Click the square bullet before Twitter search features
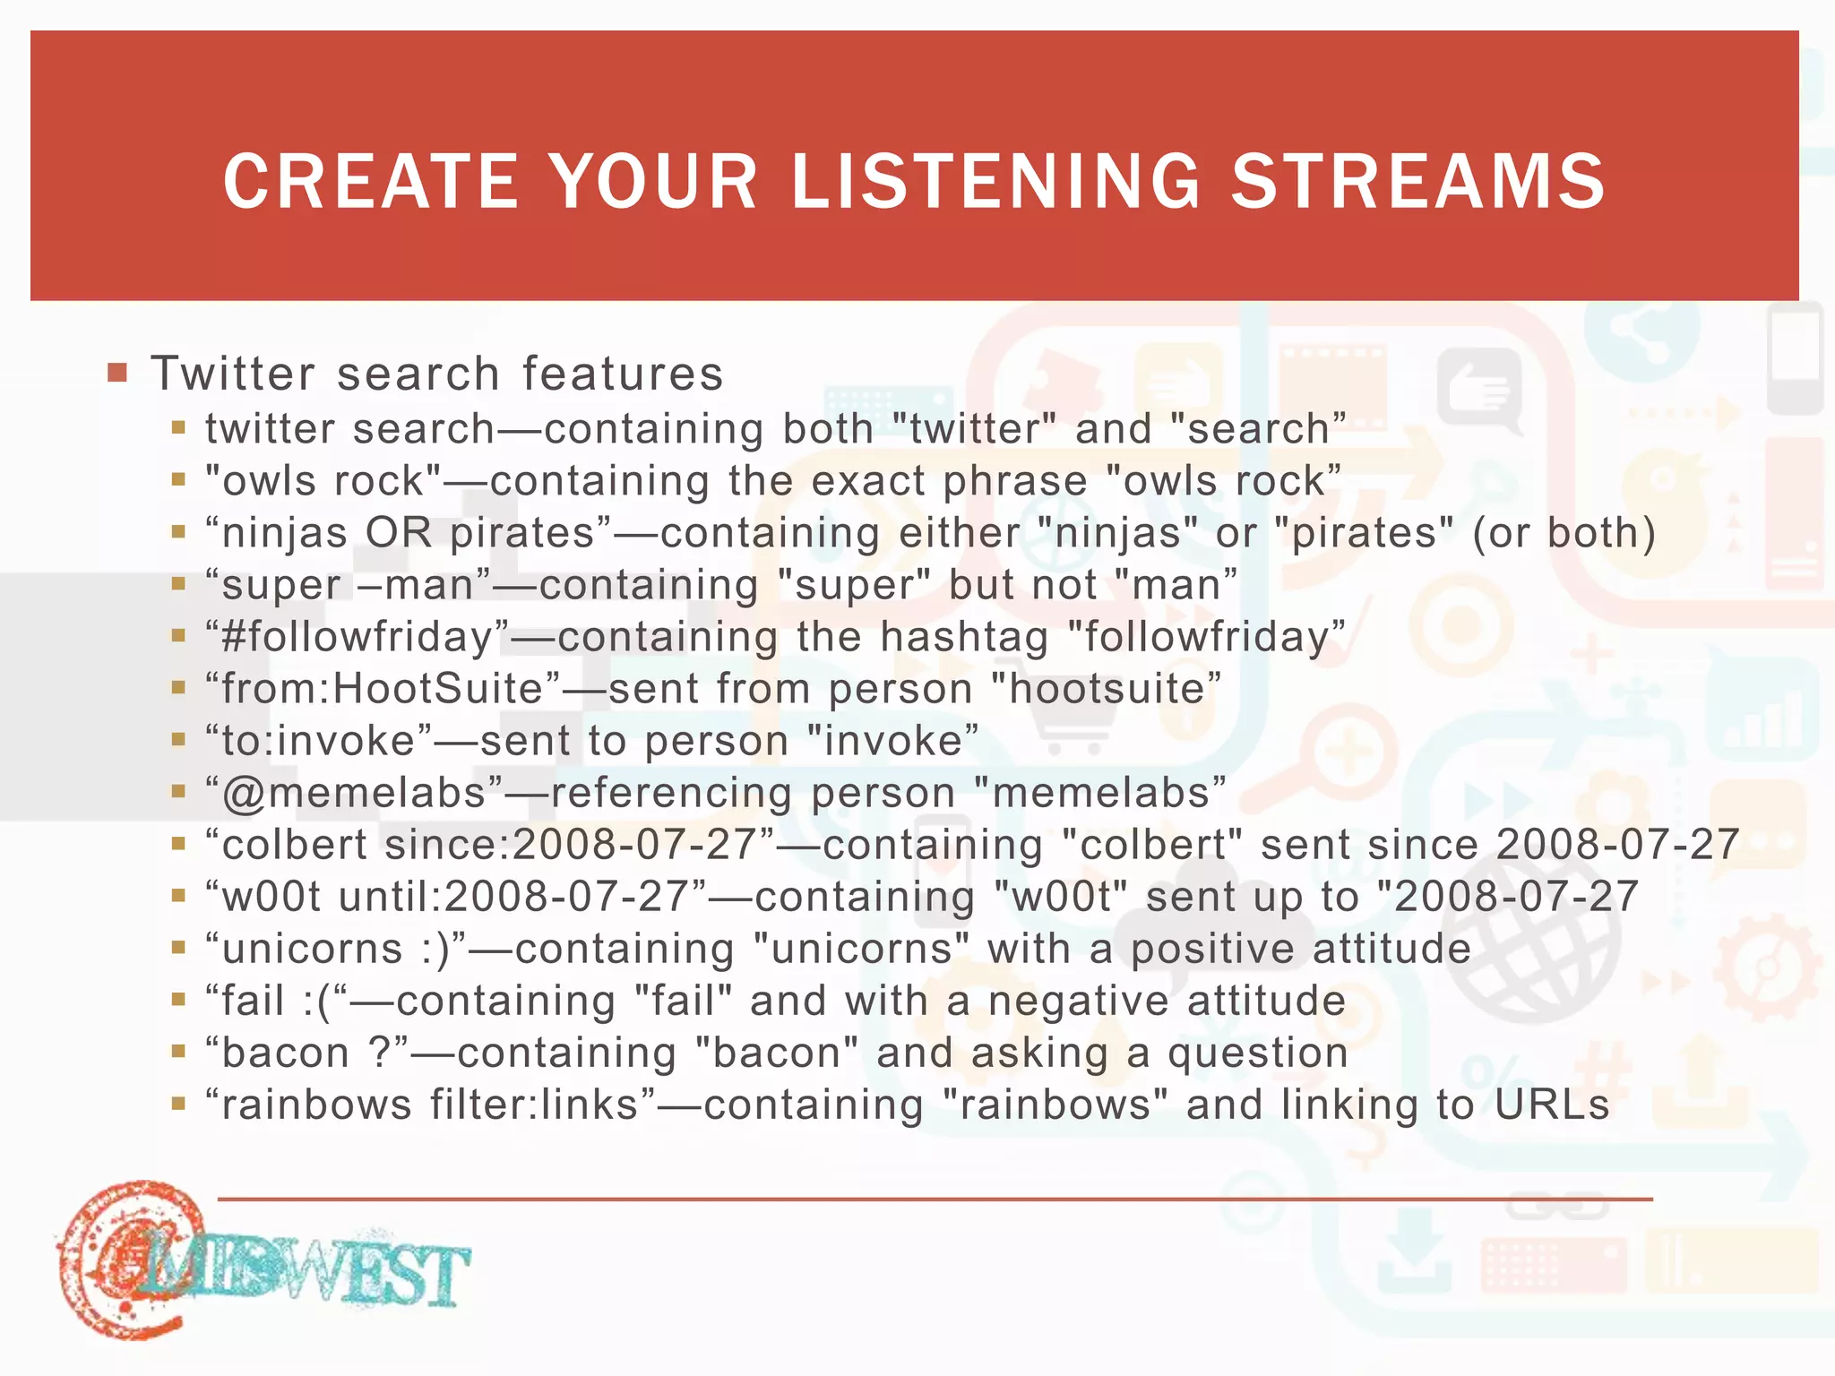pyautogui.click(x=117, y=372)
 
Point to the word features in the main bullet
pyautogui.click(x=623, y=374)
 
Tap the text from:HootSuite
pyautogui.click(x=383, y=689)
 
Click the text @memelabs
pyautogui.click(x=354, y=793)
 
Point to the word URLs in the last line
pyautogui.click(x=1552, y=1105)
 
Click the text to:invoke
pyautogui.click(x=319, y=741)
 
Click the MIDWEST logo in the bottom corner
pyautogui.click(x=260, y=1263)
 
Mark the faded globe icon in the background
pyautogui.click(x=1532, y=950)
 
